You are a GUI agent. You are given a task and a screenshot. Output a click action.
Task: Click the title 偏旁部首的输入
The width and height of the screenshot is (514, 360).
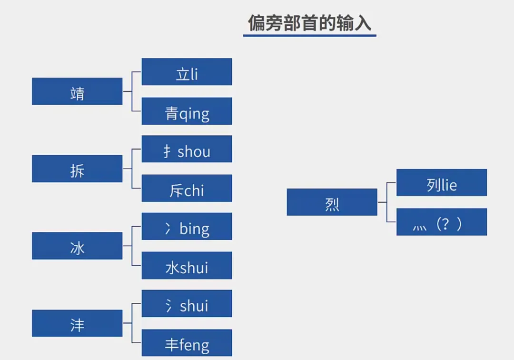pos(309,23)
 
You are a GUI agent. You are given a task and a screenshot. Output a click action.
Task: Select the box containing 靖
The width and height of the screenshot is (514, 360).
pos(77,91)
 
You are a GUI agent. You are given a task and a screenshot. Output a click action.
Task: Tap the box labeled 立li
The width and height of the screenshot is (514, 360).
pos(187,72)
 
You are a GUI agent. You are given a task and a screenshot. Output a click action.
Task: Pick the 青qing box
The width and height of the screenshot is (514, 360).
pos(187,111)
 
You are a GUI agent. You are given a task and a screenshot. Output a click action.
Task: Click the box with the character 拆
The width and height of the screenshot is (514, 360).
pos(77,169)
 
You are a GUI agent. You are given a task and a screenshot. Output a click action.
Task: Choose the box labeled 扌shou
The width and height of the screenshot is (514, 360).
pos(187,149)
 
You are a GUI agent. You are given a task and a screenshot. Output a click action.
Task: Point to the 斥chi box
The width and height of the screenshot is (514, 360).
pos(187,188)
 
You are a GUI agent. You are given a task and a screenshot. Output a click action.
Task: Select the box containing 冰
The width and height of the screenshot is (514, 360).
pos(77,246)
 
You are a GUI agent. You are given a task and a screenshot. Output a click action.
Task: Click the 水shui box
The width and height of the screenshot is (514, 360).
pos(187,265)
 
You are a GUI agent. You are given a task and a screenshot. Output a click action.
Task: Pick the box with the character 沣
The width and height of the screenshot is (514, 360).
pos(77,323)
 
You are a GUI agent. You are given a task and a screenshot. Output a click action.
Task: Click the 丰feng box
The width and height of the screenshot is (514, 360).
pos(187,342)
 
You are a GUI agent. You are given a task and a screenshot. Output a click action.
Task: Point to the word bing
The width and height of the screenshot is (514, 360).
pos(194,229)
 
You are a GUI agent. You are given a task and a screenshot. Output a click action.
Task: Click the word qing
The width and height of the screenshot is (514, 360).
pos(194,114)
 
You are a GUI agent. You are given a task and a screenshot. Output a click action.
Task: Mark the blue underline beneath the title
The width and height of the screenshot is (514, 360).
pos(309,35)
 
